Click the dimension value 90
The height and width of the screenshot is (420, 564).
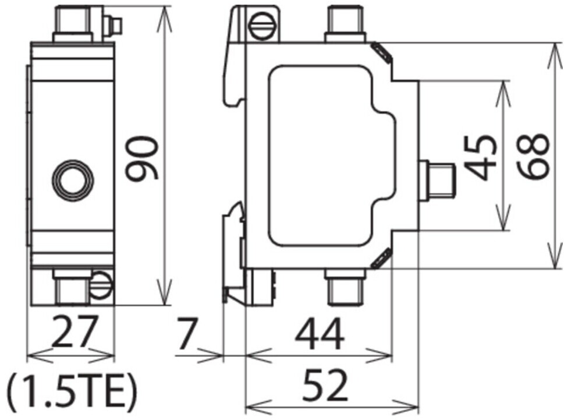(141, 158)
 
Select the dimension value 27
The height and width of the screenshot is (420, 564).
(75, 330)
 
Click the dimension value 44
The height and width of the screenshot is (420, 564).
(320, 334)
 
